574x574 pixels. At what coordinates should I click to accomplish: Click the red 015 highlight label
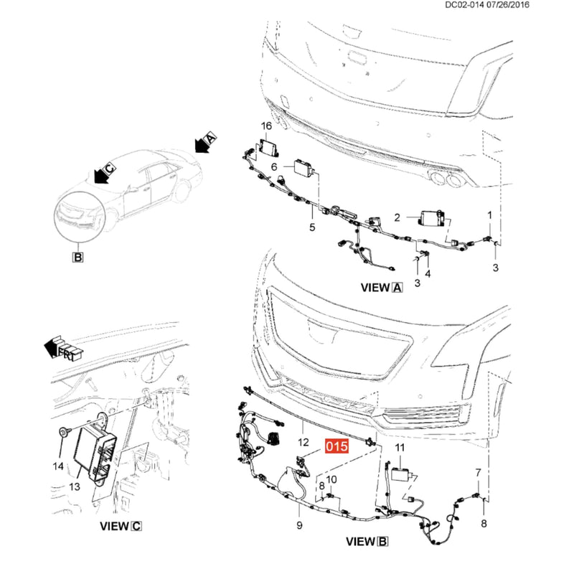(337, 446)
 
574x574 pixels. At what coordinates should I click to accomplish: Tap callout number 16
(266, 126)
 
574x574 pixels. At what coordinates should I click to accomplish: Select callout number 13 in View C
(75, 486)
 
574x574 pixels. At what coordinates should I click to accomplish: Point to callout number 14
(58, 466)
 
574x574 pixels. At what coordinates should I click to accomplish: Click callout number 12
(304, 443)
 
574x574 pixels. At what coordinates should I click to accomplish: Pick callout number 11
(400, 448)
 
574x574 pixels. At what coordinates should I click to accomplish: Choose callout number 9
(299, 525)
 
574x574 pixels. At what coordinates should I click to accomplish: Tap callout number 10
(331, 479)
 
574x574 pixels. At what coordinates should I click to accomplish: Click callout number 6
(274, 167)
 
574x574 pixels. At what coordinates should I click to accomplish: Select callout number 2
(397, 217)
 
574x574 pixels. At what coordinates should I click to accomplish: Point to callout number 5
(312, 227)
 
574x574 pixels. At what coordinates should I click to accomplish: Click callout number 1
(490, 215)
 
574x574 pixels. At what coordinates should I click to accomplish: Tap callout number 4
(428, 273)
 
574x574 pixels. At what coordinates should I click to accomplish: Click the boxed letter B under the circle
(78, 257)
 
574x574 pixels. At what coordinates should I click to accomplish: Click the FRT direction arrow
(63, 348)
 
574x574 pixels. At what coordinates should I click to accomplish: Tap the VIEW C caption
(121, 526)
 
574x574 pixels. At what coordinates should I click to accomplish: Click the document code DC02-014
(464, 5)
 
